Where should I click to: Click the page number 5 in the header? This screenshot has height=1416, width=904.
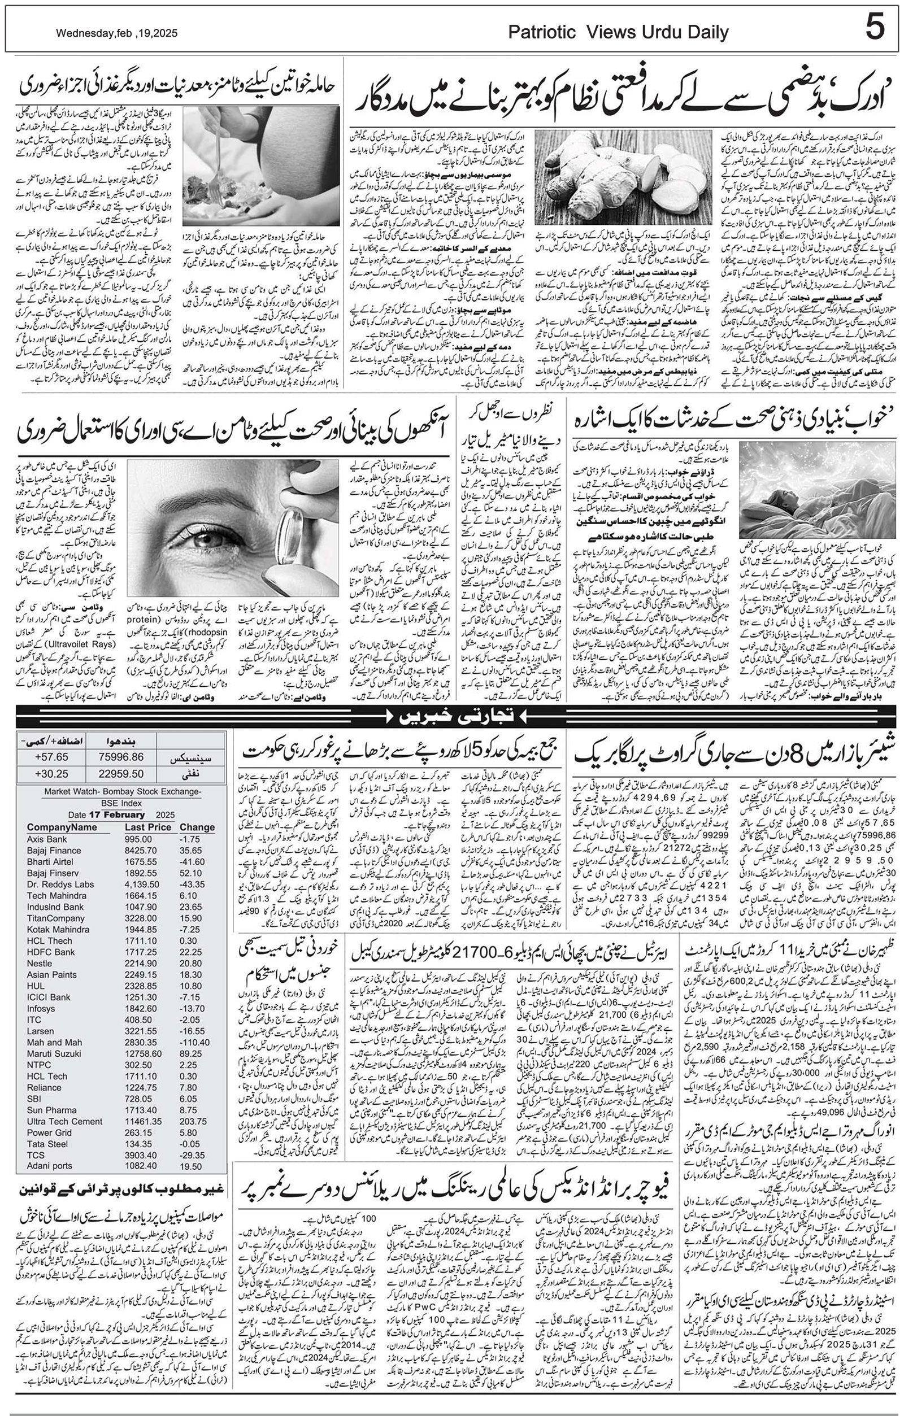coord(874,28)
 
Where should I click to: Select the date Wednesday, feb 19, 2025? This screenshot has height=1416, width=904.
coord(116,34)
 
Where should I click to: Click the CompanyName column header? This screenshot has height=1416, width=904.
coord(62,827)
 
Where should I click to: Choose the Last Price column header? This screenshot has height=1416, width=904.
coord(147,827)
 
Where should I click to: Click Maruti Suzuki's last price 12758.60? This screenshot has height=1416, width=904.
coord(144,1053)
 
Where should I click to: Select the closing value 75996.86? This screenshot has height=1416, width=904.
coord(123,757)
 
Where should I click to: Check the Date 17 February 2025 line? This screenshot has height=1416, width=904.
coord(121,814)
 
